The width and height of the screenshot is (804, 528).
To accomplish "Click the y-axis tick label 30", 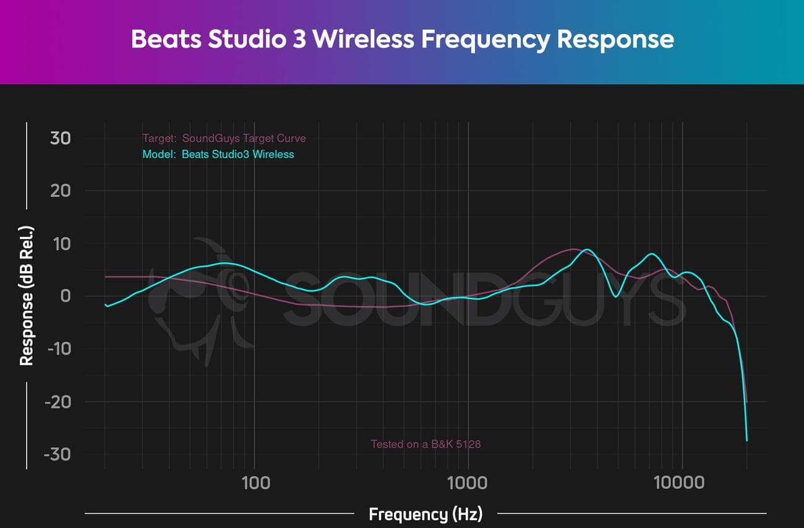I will tap(60, 138).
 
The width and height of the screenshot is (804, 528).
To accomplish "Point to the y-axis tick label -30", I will tap(57, 454).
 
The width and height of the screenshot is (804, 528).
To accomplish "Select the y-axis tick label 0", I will tap(64, 296).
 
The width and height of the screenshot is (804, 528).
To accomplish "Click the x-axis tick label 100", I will tap(255, 482).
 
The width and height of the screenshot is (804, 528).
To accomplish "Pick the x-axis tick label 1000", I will tap(468, 482).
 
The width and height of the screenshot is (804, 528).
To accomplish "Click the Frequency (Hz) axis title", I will tap(426, 514).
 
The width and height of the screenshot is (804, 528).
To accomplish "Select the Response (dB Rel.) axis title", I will tap(27, 296).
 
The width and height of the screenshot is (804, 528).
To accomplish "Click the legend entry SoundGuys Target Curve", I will tap(244, 138).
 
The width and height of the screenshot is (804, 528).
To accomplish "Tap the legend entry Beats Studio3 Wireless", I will tap(237, 154).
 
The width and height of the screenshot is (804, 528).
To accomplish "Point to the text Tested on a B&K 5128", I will tap(426, 444).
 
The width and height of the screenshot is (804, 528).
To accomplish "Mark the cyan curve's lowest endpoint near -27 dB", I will tap(747, 440).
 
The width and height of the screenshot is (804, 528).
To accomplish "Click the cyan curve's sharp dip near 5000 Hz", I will tap(615, 296).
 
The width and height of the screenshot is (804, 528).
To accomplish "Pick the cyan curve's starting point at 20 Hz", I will tap(106, 306).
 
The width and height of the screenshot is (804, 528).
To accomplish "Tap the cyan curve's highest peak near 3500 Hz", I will tap(588, 249).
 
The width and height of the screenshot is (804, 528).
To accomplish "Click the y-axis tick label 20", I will tap(60, 191).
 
